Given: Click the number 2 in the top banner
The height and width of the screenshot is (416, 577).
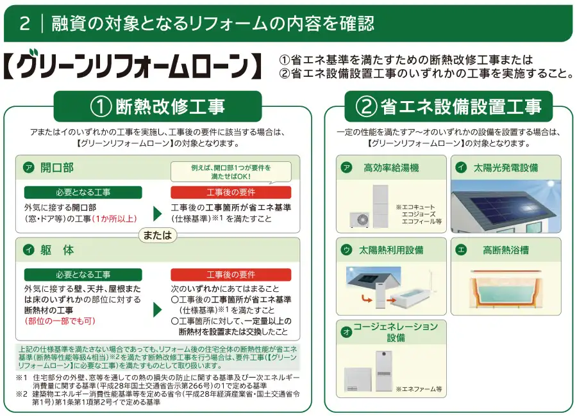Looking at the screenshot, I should [25, 23].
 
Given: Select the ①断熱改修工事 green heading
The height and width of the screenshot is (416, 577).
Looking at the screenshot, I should [158, 106].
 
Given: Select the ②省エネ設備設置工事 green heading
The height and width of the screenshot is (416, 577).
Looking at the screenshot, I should [449, 106].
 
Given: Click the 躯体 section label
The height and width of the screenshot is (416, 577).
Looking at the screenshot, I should [56, 250].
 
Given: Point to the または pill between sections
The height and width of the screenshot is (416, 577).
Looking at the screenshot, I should [158, 235].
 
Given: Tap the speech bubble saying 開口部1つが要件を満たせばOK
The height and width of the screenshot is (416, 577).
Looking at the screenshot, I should [230, 172].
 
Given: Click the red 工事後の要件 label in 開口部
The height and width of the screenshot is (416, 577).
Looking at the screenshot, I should [231, 192].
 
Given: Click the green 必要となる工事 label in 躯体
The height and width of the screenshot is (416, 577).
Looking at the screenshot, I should [83, 275].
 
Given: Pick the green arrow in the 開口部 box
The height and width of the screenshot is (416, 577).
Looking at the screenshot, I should [157, 214].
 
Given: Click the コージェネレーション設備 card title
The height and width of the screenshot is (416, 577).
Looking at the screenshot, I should [396, 332].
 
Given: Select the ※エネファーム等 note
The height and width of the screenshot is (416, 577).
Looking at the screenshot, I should [419, 388].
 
